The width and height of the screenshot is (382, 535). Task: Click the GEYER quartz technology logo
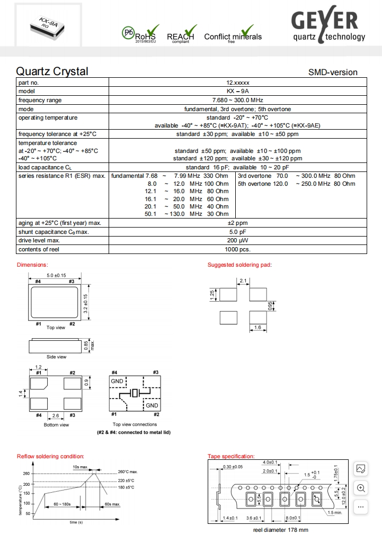click(328, 26)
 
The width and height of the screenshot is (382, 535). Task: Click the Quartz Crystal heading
click(52, 71)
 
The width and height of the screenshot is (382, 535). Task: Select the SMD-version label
click(333, 72)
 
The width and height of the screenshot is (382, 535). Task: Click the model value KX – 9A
click(237, 92)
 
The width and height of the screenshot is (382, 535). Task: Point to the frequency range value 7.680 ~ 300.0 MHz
click(237, 100)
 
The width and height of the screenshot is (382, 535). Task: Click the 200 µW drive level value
click(237, 241)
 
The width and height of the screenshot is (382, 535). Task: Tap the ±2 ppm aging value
click(237, 223)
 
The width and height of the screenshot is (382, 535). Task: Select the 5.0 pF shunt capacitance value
click(237, 232)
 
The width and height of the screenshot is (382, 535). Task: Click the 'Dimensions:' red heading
click(32, 265)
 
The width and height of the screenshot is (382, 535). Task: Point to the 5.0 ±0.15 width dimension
click(56, 275)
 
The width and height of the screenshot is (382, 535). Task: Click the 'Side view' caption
click(56, 357)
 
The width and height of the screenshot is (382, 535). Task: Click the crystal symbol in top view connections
click(135, 393)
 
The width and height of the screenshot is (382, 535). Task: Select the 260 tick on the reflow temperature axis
click(26, 474)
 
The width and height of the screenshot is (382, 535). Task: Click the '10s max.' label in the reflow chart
click(80, 467)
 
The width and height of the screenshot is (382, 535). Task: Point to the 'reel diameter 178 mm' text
click(280, 530)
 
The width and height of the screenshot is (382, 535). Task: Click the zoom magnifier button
click(361, 488)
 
